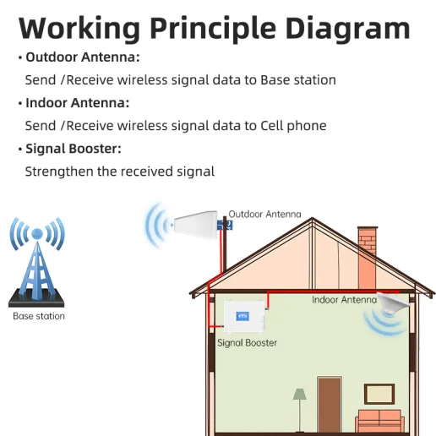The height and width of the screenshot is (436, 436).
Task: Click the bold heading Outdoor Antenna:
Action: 83,57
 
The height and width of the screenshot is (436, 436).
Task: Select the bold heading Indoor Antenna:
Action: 78,102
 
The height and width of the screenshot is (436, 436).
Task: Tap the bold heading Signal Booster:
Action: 74,149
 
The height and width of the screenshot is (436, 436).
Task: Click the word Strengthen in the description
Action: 59,172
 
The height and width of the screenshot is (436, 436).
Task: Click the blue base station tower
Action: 37,262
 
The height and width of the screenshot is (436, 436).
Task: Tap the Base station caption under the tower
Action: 39,316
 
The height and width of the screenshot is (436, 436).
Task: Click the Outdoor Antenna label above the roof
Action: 264,214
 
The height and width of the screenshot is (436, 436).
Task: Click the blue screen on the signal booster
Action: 243,316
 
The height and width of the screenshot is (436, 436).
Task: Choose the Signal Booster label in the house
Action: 247,343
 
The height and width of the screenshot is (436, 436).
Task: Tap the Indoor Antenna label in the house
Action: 344,300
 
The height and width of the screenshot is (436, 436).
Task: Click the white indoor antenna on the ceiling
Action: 393,303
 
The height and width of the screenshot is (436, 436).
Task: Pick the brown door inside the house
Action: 330,405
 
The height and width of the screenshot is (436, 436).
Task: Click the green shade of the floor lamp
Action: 299,394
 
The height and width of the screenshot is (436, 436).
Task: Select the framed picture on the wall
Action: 379,394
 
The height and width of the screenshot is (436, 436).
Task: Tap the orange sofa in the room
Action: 379,421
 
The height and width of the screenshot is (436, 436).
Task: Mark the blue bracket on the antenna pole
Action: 225,225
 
